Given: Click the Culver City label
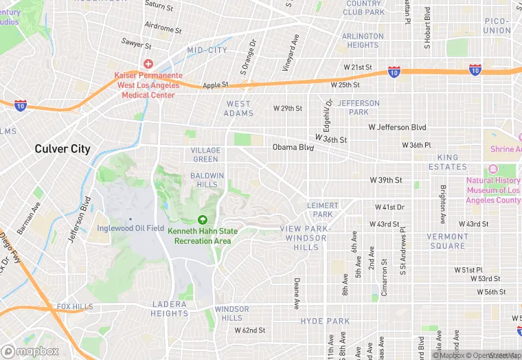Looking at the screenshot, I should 63,148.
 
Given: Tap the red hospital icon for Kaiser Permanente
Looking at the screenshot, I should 148,63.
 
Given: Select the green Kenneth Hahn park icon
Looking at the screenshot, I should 203,220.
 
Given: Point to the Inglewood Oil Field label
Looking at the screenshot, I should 130,228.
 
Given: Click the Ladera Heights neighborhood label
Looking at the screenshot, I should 169,308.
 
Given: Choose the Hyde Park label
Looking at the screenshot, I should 325,321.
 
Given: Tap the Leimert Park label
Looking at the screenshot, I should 323,210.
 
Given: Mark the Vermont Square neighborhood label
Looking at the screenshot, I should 447,241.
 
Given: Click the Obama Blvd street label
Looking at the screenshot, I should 293,147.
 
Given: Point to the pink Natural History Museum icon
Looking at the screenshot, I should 492,170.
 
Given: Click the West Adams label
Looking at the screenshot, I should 239,109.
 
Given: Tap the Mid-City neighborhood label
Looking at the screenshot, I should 207,50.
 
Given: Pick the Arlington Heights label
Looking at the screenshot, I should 363,41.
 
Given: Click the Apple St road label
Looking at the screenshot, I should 215,85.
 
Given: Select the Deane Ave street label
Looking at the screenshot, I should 297,293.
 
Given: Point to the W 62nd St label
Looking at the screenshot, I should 250,330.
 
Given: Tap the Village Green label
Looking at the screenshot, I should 206,155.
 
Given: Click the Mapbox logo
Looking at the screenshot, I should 30,350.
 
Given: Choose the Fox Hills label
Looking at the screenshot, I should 73,306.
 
